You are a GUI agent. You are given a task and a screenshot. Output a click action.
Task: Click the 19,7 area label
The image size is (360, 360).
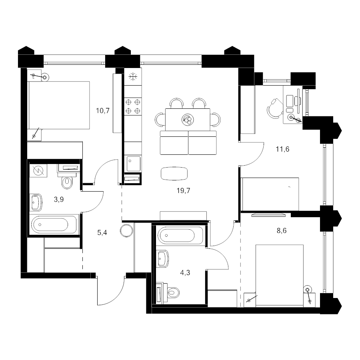tap(183, 190)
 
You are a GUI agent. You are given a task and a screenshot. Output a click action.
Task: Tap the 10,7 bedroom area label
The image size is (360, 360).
tap(103, 111)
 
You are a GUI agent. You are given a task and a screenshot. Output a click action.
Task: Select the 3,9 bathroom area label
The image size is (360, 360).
tap(59, 200)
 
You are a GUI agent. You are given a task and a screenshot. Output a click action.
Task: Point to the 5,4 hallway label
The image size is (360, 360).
tap(102, 233)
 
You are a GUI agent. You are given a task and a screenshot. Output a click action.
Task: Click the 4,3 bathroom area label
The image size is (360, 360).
tap(185, 273)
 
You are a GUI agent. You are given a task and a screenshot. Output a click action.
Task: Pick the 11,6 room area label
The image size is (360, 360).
tap(283, 149)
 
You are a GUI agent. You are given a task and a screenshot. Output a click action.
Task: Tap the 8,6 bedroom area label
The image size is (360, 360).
tap(282, 230)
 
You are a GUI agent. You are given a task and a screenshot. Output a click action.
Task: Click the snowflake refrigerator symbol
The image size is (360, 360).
tap(133, 77)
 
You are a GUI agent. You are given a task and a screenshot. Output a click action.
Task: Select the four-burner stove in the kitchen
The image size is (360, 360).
tap(133, 106)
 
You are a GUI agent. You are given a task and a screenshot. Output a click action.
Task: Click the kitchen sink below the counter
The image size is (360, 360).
tap(133, 164)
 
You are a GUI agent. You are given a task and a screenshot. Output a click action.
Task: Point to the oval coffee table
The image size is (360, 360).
tap(174, 174)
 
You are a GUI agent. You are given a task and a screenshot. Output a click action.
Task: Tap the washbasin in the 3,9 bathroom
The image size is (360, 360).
tap(36, 202)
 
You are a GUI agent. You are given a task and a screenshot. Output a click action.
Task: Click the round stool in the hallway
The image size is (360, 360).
tap(126, 231)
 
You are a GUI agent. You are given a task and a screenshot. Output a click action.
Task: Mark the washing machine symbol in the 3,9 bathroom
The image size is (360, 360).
tap(38, 170)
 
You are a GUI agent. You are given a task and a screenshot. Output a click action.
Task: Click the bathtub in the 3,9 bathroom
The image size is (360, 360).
tap(54, 224)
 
